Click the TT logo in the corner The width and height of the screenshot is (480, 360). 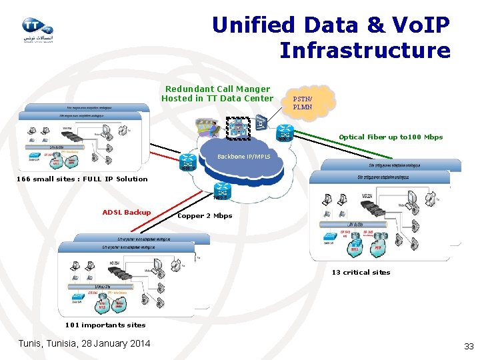pos(37,29)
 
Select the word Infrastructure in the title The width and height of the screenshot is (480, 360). pos(365,50)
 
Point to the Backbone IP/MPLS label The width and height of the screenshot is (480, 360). pos(244,157)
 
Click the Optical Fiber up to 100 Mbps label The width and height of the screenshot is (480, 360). pos(390,137)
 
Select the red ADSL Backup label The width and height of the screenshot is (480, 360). pos(127,213)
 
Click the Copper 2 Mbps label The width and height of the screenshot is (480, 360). pos(205,216)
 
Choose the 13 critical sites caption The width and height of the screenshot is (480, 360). pos(361,272)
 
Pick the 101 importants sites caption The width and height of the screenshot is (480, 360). pos(105,325)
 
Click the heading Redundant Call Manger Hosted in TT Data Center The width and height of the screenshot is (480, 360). pos(217,93)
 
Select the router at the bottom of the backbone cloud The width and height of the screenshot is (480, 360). pos(222,191)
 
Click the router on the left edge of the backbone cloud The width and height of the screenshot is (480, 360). pos(187,161)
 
